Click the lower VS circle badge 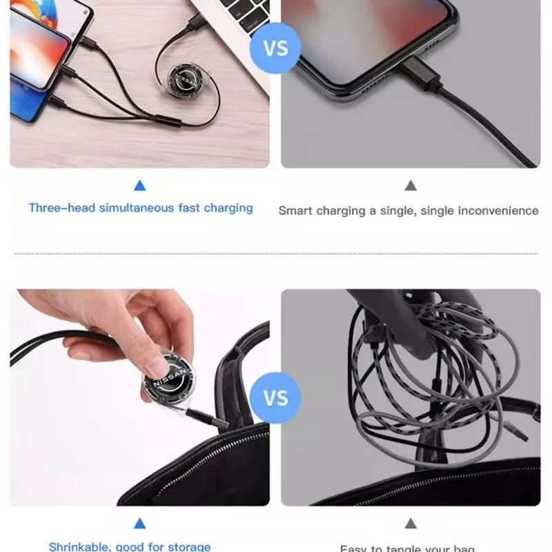click(275, 399)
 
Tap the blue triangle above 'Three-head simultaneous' click(140, 185)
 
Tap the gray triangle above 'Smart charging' click(411, 185)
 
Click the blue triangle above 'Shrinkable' click(140, 524)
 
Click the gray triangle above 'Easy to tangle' click(411, 524)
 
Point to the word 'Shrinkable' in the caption click(77, 547)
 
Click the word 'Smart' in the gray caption click(295, 210)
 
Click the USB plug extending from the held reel click(207, 416)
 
